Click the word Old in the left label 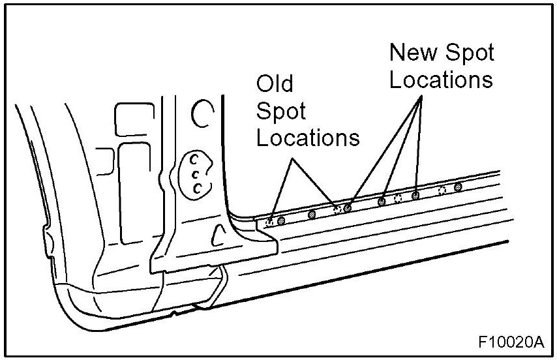(x=274, y=85)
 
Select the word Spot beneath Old (x=280, y=112)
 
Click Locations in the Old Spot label (x=308, y=138)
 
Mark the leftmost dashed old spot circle (x=270, y=223)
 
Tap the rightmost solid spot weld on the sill (x=458, y=187)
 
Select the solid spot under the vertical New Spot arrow (x=415, y=195)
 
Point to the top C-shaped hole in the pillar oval (x=194, y=160)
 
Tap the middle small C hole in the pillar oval (x=195, y=174)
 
